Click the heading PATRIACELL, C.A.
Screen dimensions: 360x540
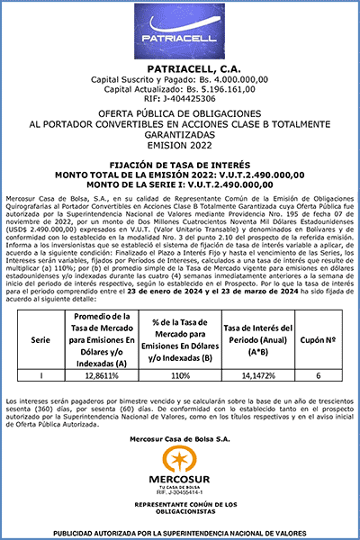(x=180, y=69)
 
